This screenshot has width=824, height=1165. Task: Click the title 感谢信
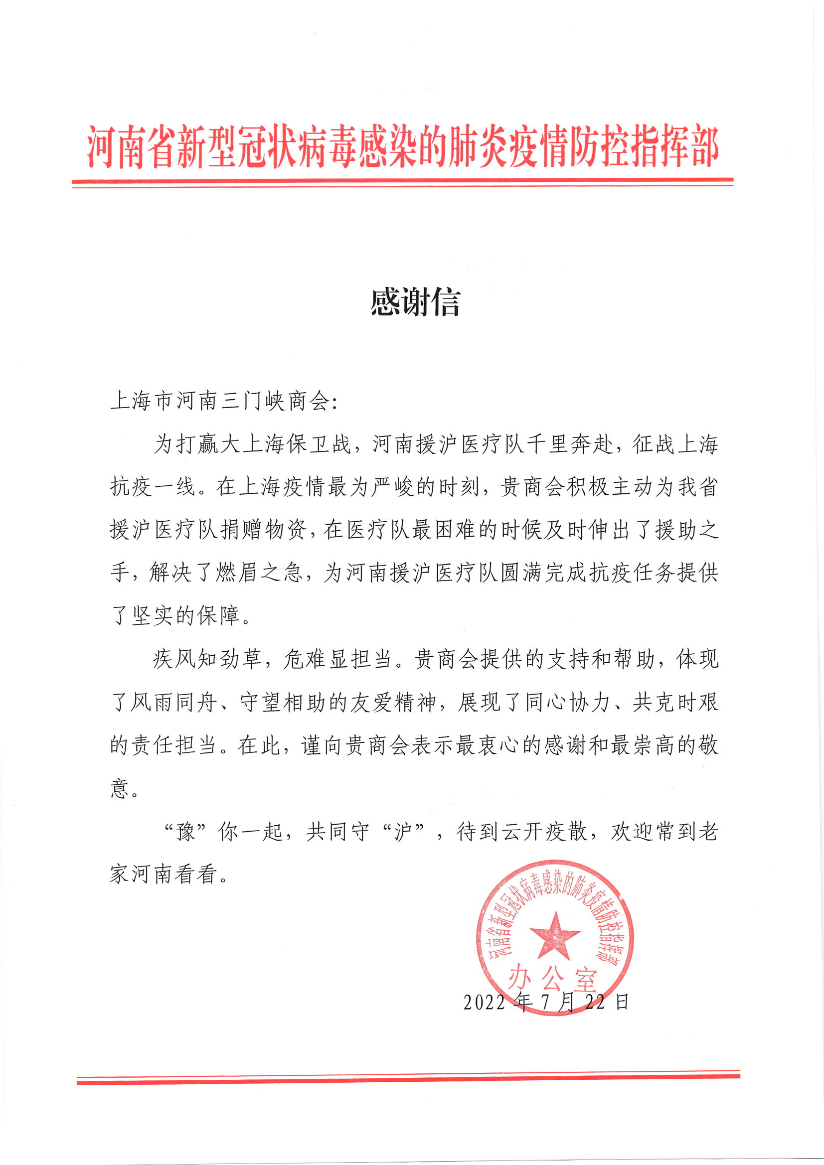click(415, 302)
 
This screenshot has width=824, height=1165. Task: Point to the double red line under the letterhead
click(402, 183)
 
